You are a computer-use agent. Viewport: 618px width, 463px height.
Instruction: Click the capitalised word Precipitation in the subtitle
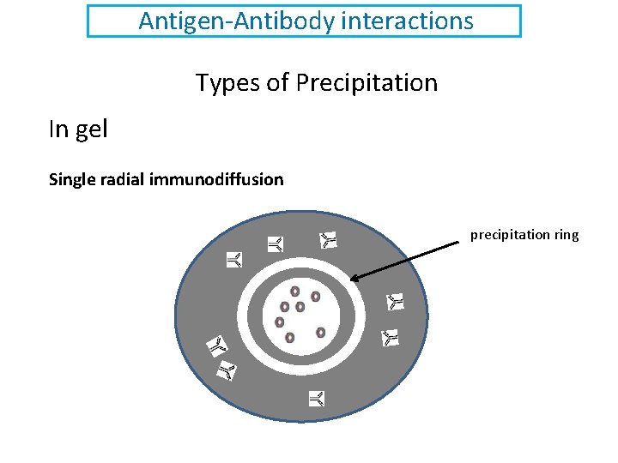[367, 83]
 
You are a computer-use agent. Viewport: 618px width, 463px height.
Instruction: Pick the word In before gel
[58, 129]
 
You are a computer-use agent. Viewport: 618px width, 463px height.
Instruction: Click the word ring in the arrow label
[566, 234]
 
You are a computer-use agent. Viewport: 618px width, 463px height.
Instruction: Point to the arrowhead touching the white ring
[354, 278]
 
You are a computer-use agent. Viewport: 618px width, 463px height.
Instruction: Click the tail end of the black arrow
[458, 244]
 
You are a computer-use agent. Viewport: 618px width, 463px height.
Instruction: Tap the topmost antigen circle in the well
[294, 292]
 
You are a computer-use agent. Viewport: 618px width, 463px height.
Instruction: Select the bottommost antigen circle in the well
[290, 337]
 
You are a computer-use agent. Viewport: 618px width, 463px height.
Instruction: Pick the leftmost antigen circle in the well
[279, 322]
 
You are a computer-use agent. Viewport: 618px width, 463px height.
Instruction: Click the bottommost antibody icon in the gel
[317, 398]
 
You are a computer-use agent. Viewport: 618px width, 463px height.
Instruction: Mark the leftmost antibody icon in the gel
[217, 346]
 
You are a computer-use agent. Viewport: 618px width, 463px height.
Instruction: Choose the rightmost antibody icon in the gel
[395, 301]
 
